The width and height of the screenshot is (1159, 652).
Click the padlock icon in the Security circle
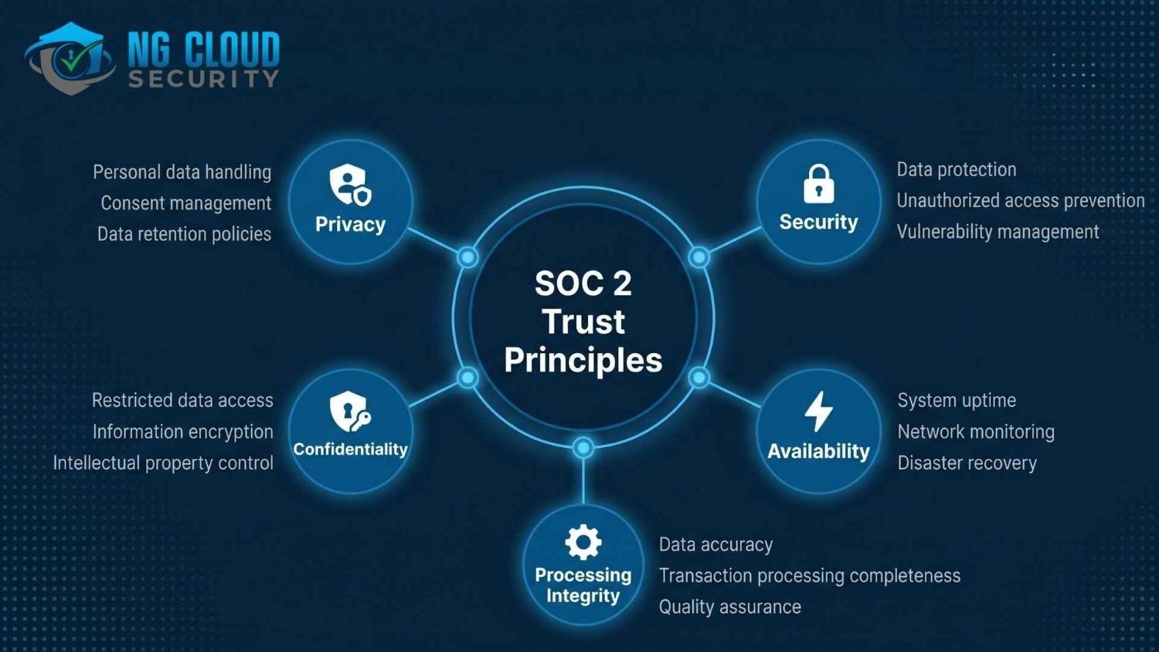[818, 184]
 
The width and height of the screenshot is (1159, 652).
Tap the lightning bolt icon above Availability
[818, 410]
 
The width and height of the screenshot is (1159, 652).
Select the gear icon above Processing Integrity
[583, 542]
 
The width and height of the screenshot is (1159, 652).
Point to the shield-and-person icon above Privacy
[350, 185]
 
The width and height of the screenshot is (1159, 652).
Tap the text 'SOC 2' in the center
[583, 284]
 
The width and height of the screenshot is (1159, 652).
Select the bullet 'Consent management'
[186, 203]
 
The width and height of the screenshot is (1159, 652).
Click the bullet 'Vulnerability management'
[998, 232]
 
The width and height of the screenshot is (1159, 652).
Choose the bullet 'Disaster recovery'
[967, 463]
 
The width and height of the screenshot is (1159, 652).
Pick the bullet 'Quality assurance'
[729, 606]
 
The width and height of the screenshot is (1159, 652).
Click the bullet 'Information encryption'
[182, 432]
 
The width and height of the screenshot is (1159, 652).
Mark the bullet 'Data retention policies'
[184, 234]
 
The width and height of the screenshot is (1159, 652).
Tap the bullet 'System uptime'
[957, 400]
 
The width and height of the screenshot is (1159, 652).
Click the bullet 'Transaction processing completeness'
[809, 576]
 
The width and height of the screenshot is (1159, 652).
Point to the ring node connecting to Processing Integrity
[583, 447]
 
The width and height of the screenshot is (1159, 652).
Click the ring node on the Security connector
[699, 257]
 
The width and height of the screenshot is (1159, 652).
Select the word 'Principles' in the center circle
[583, 360]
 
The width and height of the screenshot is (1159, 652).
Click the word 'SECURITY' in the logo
[203, 79]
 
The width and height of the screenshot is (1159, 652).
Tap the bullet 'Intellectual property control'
[163, 463]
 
